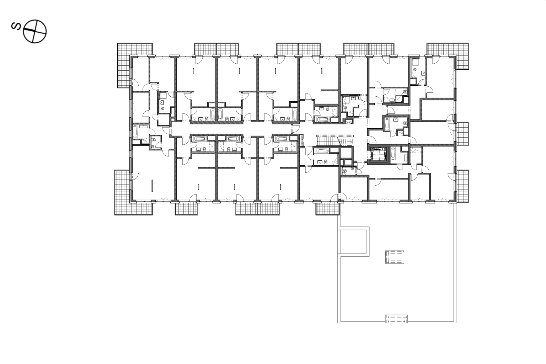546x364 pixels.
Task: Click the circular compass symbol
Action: point(34,32)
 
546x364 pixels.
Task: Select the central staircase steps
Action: point(335,141)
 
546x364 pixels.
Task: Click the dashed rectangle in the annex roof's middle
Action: point(395,257)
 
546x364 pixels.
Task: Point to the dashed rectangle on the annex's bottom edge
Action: point(396,318)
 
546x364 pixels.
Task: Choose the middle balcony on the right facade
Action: point(462,134)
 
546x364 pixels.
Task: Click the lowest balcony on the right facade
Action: point(462,186)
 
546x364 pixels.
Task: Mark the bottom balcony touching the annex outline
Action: point(327,209)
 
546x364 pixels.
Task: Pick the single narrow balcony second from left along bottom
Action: point(186,209)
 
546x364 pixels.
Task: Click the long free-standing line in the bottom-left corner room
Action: point(152,185)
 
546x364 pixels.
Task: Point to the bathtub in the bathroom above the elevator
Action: point(387,124)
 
